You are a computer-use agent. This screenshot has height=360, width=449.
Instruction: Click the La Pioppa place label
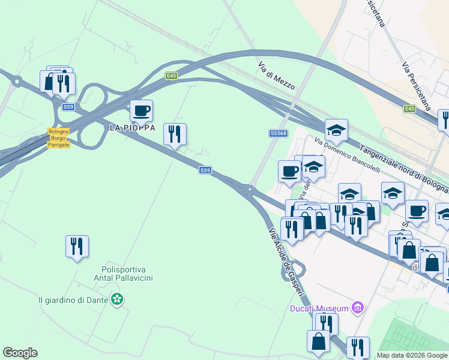pos(132,128)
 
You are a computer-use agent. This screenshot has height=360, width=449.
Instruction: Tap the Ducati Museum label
pos(319,308)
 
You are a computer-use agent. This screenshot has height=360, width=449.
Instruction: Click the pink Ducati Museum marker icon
pos(358,308)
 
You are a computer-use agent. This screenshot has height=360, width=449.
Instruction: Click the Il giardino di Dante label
pos(73,299)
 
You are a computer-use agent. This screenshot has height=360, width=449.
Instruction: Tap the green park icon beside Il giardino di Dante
pos(117,299)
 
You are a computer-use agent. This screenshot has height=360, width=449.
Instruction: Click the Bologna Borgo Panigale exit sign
pos(59,138)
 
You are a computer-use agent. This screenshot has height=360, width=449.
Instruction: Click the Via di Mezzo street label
pos(276,76)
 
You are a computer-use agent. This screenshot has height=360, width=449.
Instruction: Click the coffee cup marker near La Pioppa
pos(142,110)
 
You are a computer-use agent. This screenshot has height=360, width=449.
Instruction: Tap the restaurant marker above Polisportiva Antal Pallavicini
pos(77,246)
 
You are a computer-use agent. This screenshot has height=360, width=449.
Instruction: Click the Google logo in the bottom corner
pos(20,353)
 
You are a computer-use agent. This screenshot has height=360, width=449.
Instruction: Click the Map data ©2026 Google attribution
pos(412,355)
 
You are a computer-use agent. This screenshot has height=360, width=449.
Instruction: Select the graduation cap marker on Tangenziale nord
pos(336,130)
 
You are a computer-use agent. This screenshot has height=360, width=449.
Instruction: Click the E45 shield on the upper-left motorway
pos(172,76)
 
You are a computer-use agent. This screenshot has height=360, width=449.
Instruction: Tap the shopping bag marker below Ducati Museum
pos(319,341)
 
